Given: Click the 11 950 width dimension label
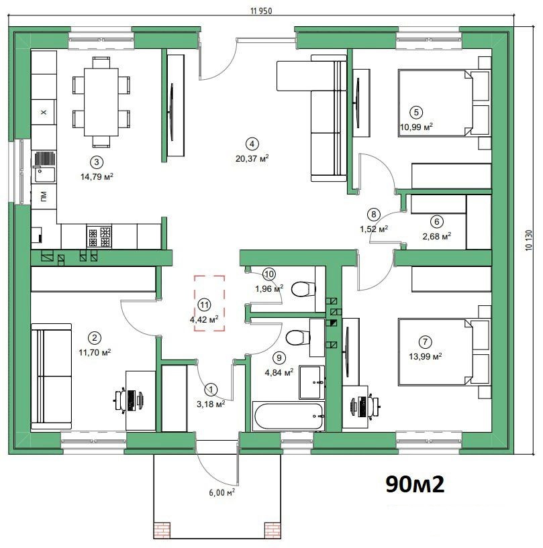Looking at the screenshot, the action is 261,11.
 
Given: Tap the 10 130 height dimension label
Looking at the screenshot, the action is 529,240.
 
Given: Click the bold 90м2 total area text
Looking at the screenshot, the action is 415,484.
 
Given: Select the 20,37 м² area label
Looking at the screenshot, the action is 252,158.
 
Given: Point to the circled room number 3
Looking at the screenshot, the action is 97,162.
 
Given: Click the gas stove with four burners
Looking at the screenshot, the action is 99,237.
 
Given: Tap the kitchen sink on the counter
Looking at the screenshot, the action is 44,167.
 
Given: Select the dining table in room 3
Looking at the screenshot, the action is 101,102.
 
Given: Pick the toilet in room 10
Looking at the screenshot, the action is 303,289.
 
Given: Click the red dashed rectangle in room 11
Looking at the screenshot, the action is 210,303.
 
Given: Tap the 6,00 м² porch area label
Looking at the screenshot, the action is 221,492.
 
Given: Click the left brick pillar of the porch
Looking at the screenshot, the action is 162,531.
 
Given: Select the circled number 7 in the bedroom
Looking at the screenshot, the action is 425,341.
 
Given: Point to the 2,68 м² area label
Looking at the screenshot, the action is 437,237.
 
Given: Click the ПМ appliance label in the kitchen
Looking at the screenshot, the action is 44,197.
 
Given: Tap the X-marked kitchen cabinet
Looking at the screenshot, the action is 44,112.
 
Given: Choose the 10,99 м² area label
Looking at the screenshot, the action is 416,127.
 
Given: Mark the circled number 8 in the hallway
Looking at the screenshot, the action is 373,214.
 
